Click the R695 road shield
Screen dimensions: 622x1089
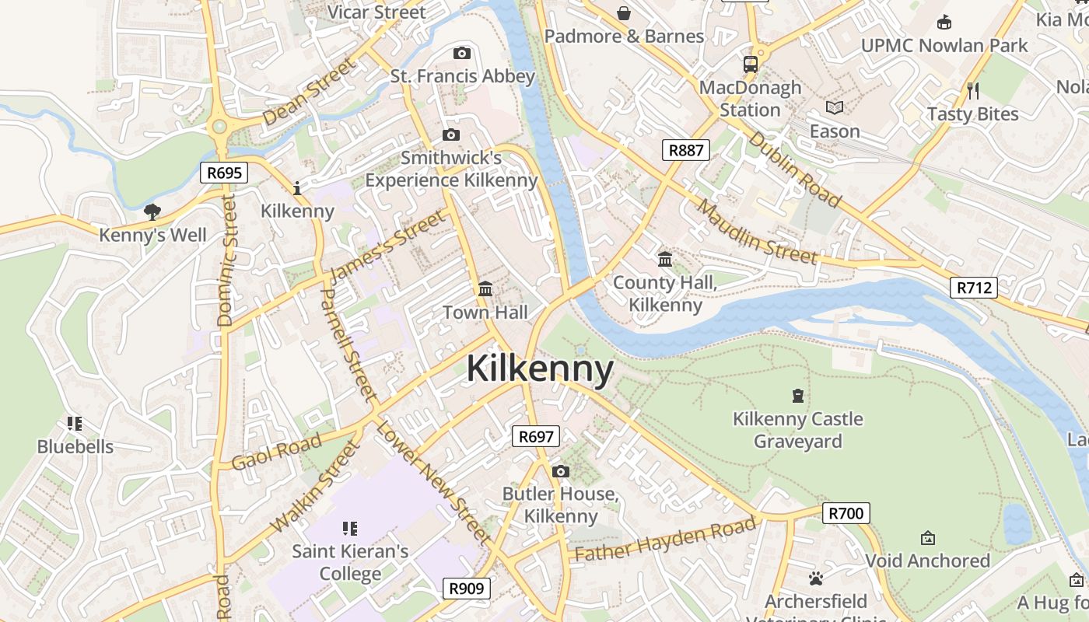click(224, 173)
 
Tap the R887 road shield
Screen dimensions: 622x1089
click(685, 150)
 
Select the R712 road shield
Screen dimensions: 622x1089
click(973, 288)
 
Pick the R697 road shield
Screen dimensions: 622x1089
click(536, 436)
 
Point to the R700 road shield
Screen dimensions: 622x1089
click(846, 513)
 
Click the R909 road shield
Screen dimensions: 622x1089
click(467, 589)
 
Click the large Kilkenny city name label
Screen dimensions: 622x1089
click(540, 369)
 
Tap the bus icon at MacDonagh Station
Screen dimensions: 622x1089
click(751, 65)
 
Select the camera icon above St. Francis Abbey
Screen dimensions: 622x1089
click(462, 53)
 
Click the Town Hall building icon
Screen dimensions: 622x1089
click(485, 289)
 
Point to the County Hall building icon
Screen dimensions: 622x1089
click(665, 259)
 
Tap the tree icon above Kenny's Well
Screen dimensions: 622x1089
click(152, 211)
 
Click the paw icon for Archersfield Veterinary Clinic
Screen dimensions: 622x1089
click(815, 578)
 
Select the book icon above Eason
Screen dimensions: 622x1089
click(835, 108)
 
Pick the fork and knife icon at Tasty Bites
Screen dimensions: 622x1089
click(972, 90)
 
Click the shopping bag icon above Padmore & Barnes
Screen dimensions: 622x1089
click(624, 12)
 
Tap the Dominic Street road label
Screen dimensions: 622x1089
click(226, 260)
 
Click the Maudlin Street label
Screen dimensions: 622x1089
click(757, 232)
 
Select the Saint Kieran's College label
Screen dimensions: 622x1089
click(350, 563)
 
